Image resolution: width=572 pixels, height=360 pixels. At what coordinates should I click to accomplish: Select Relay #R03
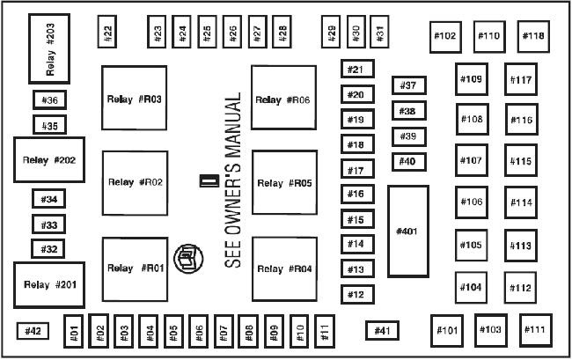point(134,99)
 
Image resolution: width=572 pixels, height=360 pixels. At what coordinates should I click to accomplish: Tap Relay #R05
point(284,184)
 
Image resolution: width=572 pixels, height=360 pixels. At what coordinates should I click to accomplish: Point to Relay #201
point(49,284)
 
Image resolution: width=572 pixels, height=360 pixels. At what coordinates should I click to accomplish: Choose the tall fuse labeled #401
point(407,231)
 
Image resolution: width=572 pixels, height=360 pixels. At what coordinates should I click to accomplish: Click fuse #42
point(33,331)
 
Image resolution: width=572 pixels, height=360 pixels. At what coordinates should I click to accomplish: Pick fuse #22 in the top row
point(107,33)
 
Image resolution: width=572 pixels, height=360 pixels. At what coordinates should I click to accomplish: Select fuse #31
point(379,33)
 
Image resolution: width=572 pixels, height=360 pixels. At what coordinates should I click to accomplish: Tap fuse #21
point(356,70)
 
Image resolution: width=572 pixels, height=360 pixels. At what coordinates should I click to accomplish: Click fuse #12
point(356,295)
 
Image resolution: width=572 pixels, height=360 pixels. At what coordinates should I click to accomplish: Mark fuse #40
point(407,162)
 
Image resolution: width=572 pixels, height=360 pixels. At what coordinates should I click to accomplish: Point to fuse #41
point(382,330)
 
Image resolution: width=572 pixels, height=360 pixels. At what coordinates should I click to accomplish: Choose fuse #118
point(533,36)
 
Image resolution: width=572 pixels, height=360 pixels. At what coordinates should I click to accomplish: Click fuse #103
point(491,329)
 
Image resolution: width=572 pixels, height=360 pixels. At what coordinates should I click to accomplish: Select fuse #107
point(472,161)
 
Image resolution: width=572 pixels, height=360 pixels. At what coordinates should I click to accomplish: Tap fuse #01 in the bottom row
point(75,332)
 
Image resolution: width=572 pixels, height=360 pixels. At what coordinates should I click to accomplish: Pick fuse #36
point(49,101)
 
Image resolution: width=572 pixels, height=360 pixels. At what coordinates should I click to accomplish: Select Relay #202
point(49,161)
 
